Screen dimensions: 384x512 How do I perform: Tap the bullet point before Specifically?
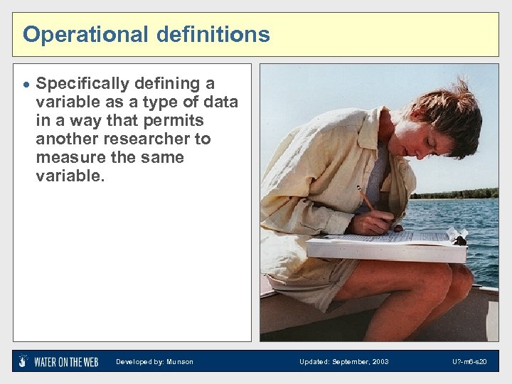[26, 85]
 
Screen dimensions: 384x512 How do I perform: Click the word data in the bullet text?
[220, 102]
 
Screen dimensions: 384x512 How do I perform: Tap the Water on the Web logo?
[58, 361]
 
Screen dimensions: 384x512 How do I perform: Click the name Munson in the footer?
[180, 362]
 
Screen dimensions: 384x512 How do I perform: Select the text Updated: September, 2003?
[343, 362]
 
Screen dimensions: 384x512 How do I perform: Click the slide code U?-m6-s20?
[469, 362]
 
